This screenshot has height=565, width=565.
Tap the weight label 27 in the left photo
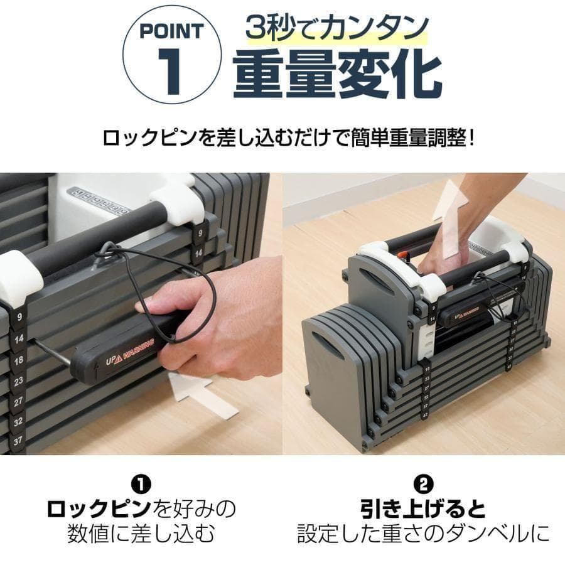(19, 401)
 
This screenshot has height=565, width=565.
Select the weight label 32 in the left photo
(19, 421)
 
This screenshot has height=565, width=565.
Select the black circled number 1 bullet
(141, 484)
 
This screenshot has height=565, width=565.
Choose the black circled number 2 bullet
(424, 484)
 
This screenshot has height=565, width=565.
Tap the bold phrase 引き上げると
(424, 508)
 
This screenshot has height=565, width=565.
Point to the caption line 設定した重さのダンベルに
(424, 534)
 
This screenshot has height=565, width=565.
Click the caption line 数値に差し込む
(141, 534)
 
